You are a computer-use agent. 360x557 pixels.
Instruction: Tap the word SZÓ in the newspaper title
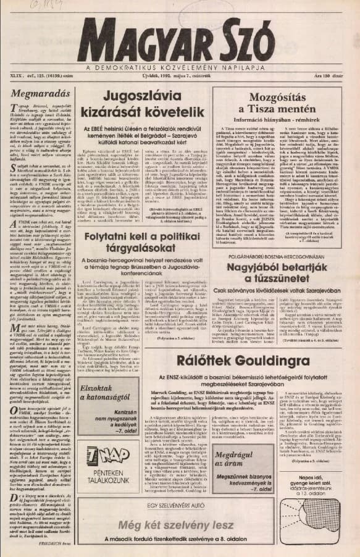tap(259, 41)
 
